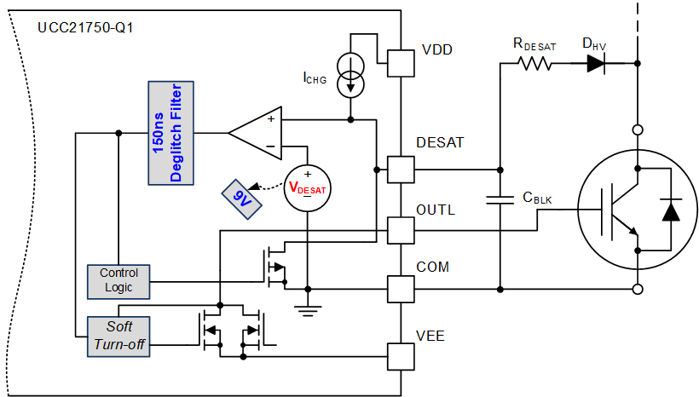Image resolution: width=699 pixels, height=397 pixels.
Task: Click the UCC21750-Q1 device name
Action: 85,28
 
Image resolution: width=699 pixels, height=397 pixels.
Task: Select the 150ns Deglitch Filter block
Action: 171,132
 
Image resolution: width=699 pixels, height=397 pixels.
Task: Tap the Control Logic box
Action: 118,280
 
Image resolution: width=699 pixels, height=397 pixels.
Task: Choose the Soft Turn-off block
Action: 118,335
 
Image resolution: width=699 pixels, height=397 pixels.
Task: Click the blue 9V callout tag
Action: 240,198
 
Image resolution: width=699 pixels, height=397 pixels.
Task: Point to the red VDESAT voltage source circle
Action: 308,187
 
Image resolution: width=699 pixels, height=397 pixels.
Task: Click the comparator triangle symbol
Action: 257,132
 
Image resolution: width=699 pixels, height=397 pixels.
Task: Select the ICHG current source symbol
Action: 350,75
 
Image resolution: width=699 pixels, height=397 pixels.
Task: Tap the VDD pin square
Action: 401,61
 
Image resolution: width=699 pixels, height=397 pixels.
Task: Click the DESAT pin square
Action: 401,169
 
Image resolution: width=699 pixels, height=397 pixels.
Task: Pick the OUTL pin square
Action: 401,229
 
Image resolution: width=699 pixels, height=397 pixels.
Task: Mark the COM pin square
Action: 401,289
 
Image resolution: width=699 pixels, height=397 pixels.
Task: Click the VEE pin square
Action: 401,354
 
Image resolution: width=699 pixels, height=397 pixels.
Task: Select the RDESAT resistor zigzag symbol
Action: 535,63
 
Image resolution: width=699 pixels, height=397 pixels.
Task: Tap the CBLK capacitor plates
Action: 500,199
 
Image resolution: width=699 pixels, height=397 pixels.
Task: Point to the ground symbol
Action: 308,310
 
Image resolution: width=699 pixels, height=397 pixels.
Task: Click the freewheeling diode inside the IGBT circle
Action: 672,210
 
